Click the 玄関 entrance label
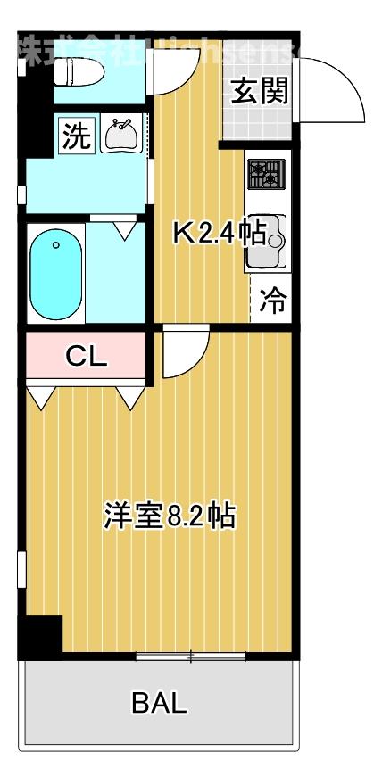260,92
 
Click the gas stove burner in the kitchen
265,174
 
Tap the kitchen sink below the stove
265,240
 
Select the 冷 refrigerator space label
272,301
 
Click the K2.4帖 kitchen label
218,234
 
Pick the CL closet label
87,357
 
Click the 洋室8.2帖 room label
170,516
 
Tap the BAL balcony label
160,704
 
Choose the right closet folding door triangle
129,398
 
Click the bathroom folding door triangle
126,228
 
